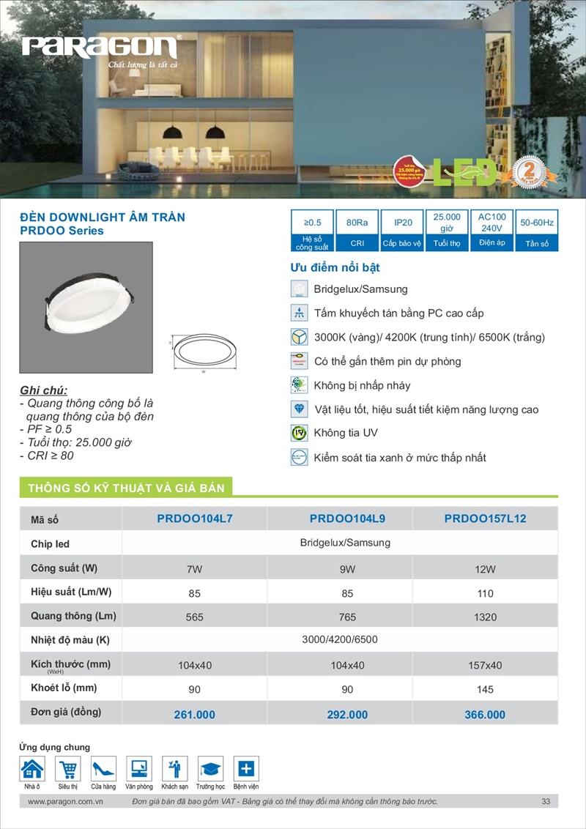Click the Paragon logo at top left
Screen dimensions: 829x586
(100, 48)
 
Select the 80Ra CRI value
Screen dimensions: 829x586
(357, 222)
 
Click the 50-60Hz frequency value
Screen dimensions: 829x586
(537, 222)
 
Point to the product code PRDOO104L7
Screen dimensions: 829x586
(194, 519)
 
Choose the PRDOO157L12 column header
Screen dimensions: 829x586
(485, 519)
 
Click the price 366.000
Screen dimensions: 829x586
(485, 715)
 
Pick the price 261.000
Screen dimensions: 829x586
(194, 715)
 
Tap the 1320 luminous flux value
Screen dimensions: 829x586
(485, 617)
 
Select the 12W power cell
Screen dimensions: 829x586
(485, 569)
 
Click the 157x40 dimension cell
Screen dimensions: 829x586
(485, 666)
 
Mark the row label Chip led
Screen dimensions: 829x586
(51, 544)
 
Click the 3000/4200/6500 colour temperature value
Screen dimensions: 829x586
(340, 640)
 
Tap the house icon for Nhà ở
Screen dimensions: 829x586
(32, 769)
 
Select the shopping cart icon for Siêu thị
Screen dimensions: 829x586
(68, 769)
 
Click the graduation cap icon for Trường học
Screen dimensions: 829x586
(210, 769)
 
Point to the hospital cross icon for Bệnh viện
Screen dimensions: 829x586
(246, 769)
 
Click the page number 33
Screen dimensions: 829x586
(546, 802)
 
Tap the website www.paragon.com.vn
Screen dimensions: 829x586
(64, 802)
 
